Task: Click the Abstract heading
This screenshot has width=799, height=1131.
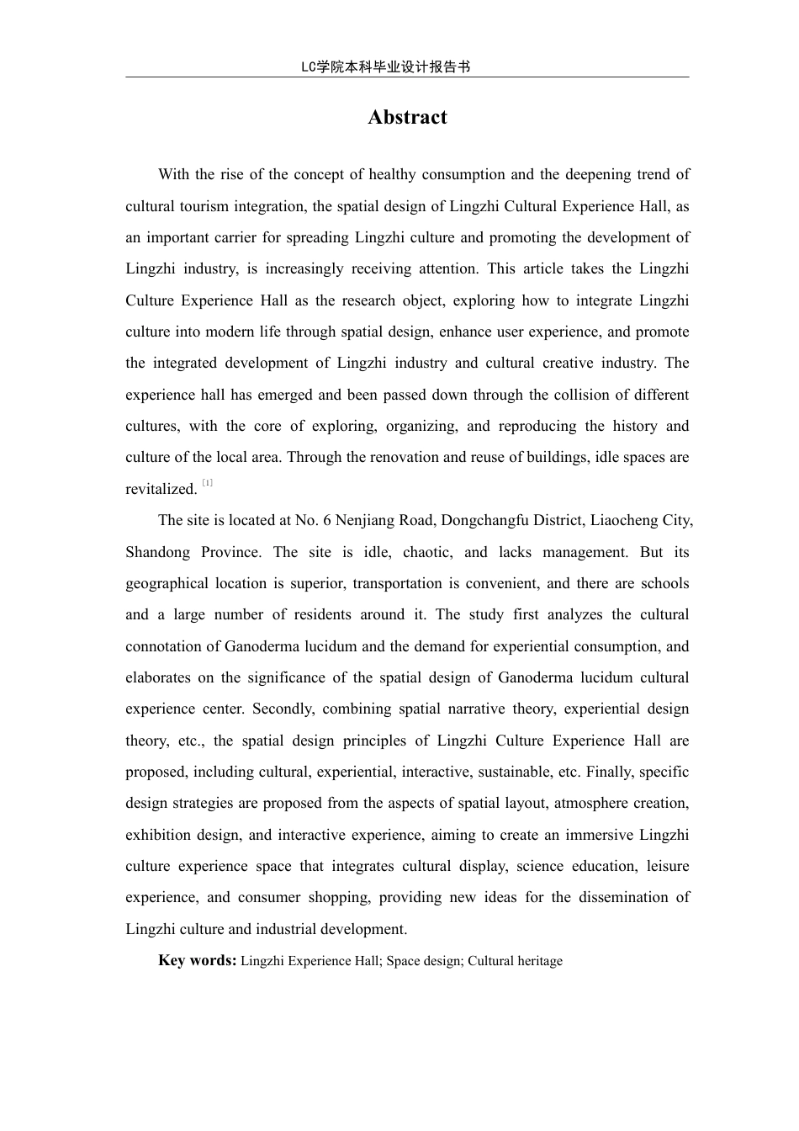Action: click(x=407, y=118)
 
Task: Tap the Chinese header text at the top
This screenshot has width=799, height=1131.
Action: click(x=385, y=67)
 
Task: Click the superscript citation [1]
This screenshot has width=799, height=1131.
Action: click(x=207, y=483)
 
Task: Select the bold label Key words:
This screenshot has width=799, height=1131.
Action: click(x=197, y=960)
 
